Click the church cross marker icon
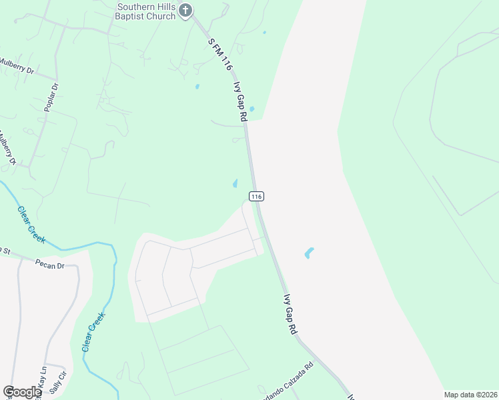186,11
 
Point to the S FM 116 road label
219,55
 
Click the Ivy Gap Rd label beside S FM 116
240,101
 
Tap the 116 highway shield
257,197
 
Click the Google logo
22,392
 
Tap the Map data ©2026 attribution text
470,395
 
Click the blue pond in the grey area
309,253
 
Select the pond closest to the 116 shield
235,183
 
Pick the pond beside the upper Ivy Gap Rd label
252,109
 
